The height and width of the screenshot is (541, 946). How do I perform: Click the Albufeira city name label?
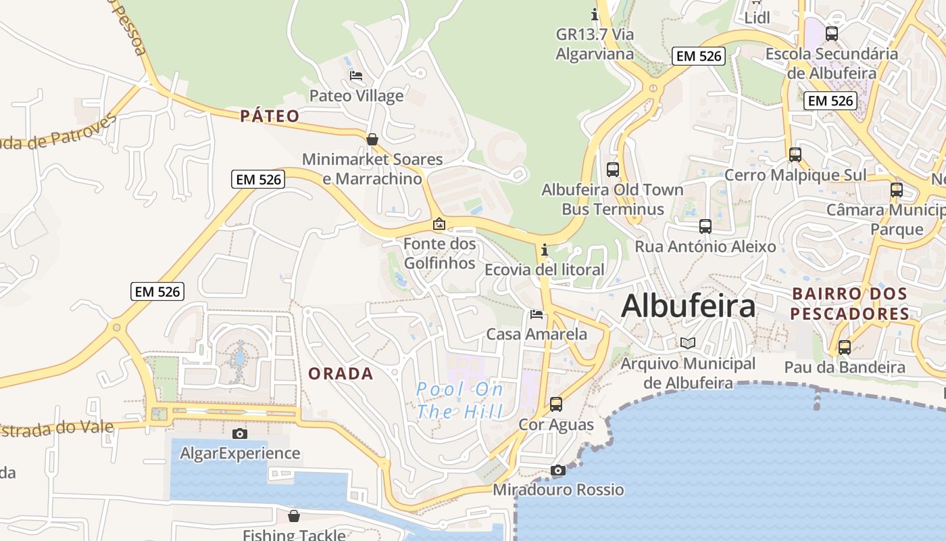688,306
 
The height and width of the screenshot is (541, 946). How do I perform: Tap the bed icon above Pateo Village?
355,76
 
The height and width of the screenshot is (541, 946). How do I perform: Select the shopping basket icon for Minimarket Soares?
372,139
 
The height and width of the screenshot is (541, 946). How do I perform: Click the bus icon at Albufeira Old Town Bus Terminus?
613,170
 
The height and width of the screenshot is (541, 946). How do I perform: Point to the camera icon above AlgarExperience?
239,433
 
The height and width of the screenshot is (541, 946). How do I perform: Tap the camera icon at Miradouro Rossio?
557,470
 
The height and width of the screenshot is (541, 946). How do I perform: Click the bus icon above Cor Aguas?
555,404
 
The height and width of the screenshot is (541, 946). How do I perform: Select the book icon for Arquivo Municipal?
688,344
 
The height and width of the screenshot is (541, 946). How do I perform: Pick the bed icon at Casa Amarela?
537,314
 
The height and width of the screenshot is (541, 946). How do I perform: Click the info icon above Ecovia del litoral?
545,250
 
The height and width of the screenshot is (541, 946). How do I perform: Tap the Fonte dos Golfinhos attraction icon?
439,224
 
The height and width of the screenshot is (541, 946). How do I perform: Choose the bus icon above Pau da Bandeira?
845,348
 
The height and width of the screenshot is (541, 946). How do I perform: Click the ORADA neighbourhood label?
341,373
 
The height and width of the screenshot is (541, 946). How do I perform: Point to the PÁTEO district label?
270,116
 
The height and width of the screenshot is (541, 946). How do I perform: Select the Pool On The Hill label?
459,400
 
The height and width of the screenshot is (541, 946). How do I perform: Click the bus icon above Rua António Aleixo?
705,227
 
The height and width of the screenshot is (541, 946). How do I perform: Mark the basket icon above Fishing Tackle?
294,516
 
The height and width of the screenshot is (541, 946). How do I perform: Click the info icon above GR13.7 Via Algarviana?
595,14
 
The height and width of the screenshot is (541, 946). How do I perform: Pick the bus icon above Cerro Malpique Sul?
795,155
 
